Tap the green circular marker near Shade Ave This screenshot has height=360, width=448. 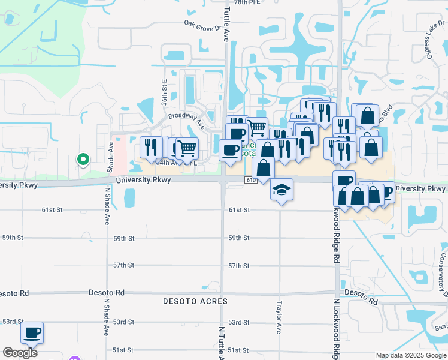(x=83, y=160)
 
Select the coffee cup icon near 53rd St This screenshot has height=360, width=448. (x=32, y=332)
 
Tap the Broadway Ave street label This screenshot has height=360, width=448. (x=186, y=121)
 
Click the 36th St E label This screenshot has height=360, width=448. (x=164, y=93)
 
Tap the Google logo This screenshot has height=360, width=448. (x=20, y=352)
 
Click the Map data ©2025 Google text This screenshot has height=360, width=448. (x=411, y=355)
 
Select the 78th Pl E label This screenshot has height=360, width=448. (x=247, y=3)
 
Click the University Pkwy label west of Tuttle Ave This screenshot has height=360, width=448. (x=137, y=179)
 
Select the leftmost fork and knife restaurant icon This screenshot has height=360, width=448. (x=150, y=146)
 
